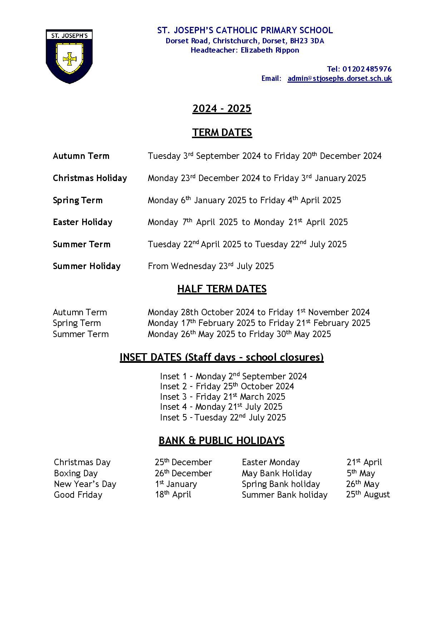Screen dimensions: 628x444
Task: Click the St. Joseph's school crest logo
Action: pos(69,56)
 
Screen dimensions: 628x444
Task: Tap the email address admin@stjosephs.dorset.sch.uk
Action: pos(339,78)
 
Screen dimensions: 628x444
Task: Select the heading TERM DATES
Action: pos(222,132)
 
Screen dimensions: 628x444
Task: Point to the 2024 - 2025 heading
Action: pos(222,108)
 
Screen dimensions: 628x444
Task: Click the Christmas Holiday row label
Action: pos(90,178)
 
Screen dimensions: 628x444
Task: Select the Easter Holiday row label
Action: pos(83,222)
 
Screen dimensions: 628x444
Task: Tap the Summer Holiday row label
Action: pos(87,266)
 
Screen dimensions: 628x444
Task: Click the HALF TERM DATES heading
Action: pos(222,289)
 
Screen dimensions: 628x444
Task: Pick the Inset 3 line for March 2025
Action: pos(222,396)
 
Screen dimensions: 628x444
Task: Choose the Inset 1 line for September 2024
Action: pos(233,376)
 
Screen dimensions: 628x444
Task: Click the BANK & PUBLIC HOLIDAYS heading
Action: pos(221,440)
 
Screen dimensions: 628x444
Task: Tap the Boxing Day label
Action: pos(76,473)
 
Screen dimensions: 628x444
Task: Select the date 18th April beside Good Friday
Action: pos(173,495)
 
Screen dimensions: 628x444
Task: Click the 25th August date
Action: pos(368,495)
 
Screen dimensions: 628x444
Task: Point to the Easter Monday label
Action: pos(271,462)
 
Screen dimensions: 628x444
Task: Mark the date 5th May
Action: pos(361,473)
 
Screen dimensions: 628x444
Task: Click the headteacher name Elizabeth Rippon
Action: pos(270,50)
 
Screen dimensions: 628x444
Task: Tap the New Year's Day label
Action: pos(85,484)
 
